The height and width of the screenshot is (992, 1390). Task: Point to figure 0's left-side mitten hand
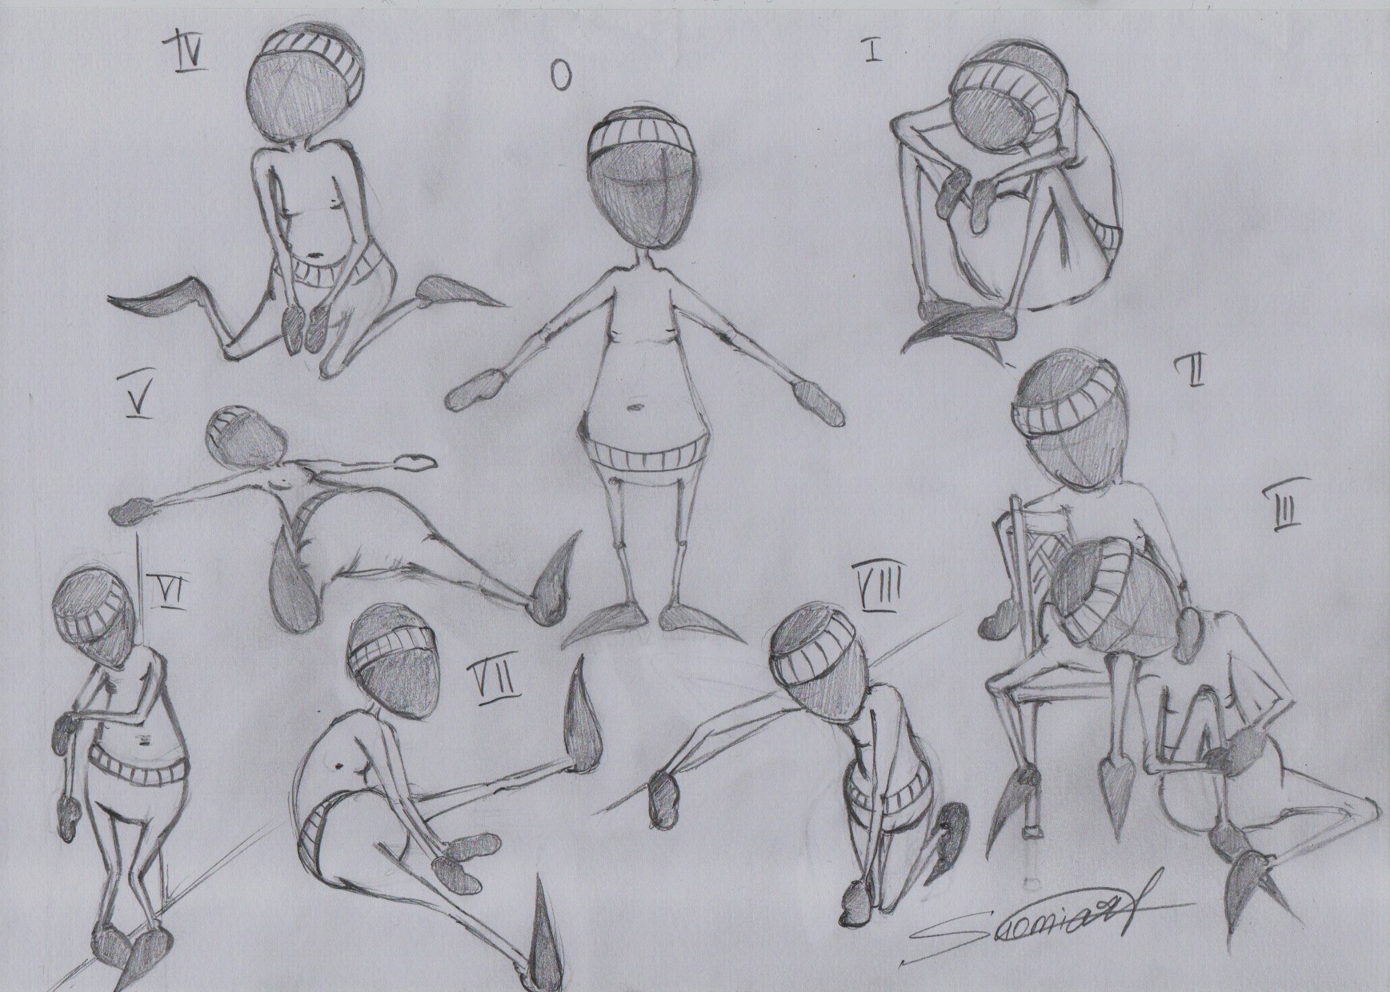click(x=471, y=392)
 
